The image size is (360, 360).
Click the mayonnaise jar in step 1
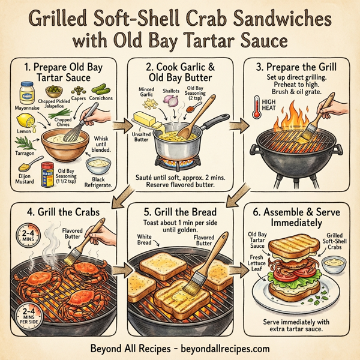pyautogui.click(x=28, y=93)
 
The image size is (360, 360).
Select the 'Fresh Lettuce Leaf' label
pyautogui.click(x=257, y=262)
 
